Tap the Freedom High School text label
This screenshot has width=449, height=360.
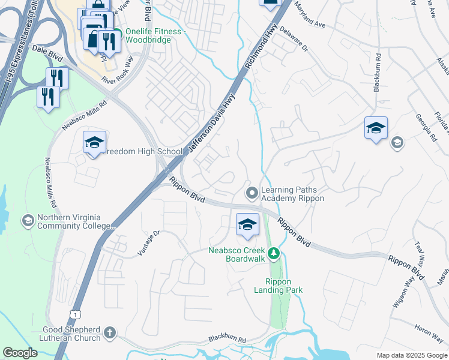(x=143, y=152)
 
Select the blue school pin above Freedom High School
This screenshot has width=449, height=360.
(x=94, y=143)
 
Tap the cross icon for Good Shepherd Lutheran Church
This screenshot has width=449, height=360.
(x=109, y=332)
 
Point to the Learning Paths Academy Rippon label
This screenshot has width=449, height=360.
(x=292, y=194)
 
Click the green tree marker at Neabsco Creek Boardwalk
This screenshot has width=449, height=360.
(x=274, y=254)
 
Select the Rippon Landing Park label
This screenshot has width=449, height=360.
(x=284, y=286)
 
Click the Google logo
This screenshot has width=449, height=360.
(x=20, y=353)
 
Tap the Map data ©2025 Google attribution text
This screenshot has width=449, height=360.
(x=411, y=355)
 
